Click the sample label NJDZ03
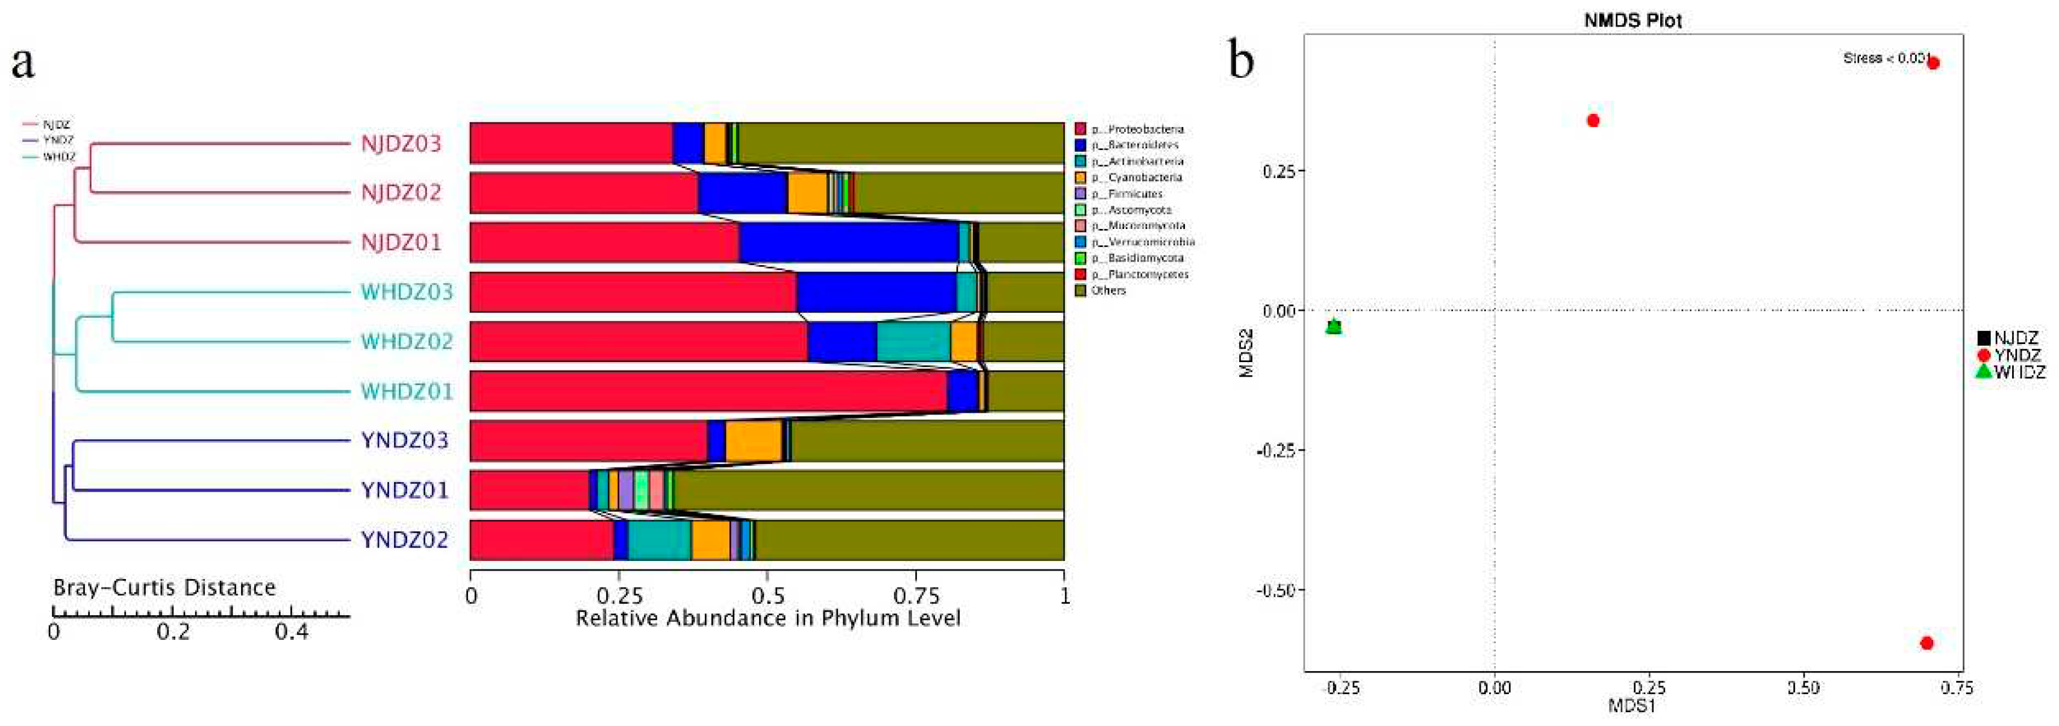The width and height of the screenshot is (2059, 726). [401, 144]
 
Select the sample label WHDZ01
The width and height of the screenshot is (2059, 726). [406, 392]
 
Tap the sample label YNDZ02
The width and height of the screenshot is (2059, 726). [404, 540]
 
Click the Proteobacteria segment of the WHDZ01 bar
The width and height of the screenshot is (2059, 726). [707, 391]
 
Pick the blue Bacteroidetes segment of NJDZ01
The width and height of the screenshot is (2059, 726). [848, 242]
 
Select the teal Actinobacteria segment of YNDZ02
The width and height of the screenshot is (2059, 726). [660, 540]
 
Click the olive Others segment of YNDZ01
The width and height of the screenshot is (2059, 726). [867, 490]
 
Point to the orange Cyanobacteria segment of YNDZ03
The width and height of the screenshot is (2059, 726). [753, 440]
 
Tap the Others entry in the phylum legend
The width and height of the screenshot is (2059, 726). [1108, 290]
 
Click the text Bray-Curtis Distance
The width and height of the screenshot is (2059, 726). [164, 587]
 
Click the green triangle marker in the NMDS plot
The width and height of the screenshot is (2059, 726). [1333, 325]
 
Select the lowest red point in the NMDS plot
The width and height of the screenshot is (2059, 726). [1926, 643]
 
